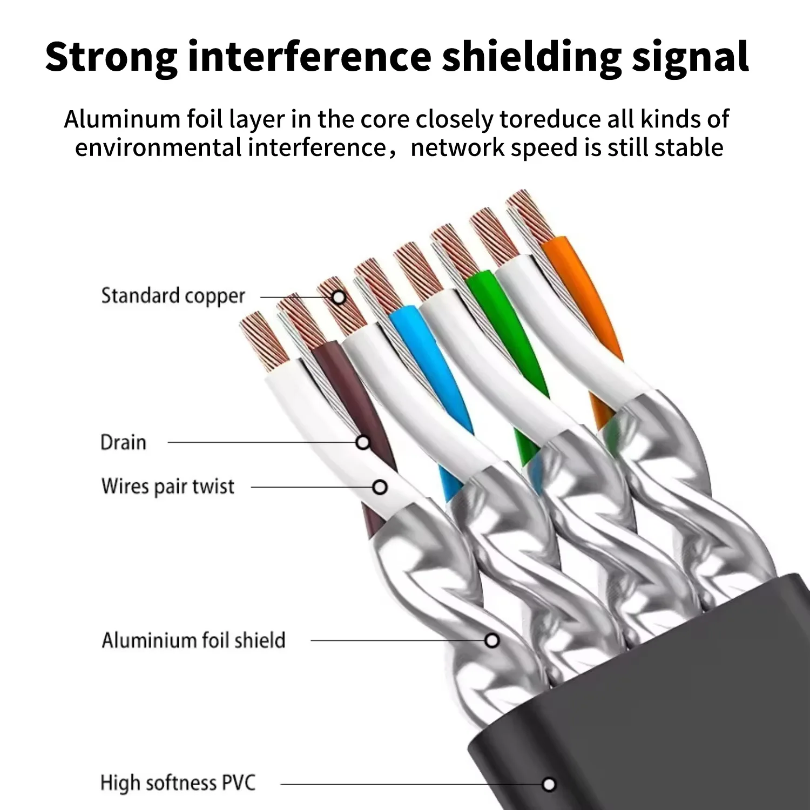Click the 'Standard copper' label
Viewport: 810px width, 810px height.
(x=173, y=296)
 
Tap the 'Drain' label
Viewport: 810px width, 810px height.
(x=123, y=443)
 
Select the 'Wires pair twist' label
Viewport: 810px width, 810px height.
(x=167, y=487)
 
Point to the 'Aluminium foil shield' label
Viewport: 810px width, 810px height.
(x=193, y=640)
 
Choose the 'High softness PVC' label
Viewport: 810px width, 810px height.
(x=178, y=783)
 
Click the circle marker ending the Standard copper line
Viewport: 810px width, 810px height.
(x=339, y=297)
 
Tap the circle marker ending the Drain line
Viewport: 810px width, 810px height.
(x=363, y=443)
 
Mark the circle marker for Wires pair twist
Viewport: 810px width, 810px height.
(x=380, y=487)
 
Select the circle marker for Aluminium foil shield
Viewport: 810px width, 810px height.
(x=491, y=641)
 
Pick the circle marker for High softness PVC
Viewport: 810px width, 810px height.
(x=549, y=784)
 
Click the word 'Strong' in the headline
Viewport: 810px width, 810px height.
(x=111, y=56)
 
